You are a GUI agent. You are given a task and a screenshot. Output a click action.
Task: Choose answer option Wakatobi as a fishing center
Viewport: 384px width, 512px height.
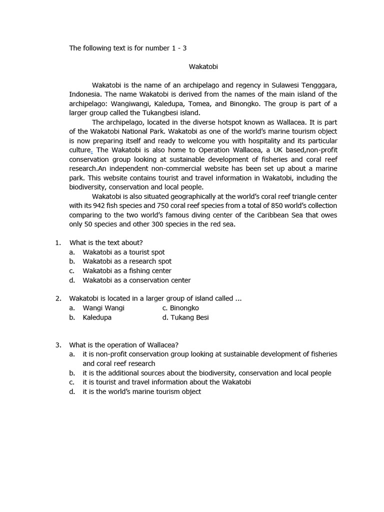pos(127,271)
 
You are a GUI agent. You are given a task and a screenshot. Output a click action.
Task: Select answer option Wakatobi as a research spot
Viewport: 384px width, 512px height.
pos(127,261)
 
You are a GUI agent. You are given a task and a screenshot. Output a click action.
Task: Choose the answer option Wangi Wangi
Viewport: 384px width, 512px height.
pos(103,308)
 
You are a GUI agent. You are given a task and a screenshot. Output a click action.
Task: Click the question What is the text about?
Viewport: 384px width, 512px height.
pos(106,243)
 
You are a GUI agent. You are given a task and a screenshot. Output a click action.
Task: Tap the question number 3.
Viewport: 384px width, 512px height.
pos(58,345)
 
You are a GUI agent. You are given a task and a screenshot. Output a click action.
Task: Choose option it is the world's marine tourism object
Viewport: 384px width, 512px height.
pos(142,391)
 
